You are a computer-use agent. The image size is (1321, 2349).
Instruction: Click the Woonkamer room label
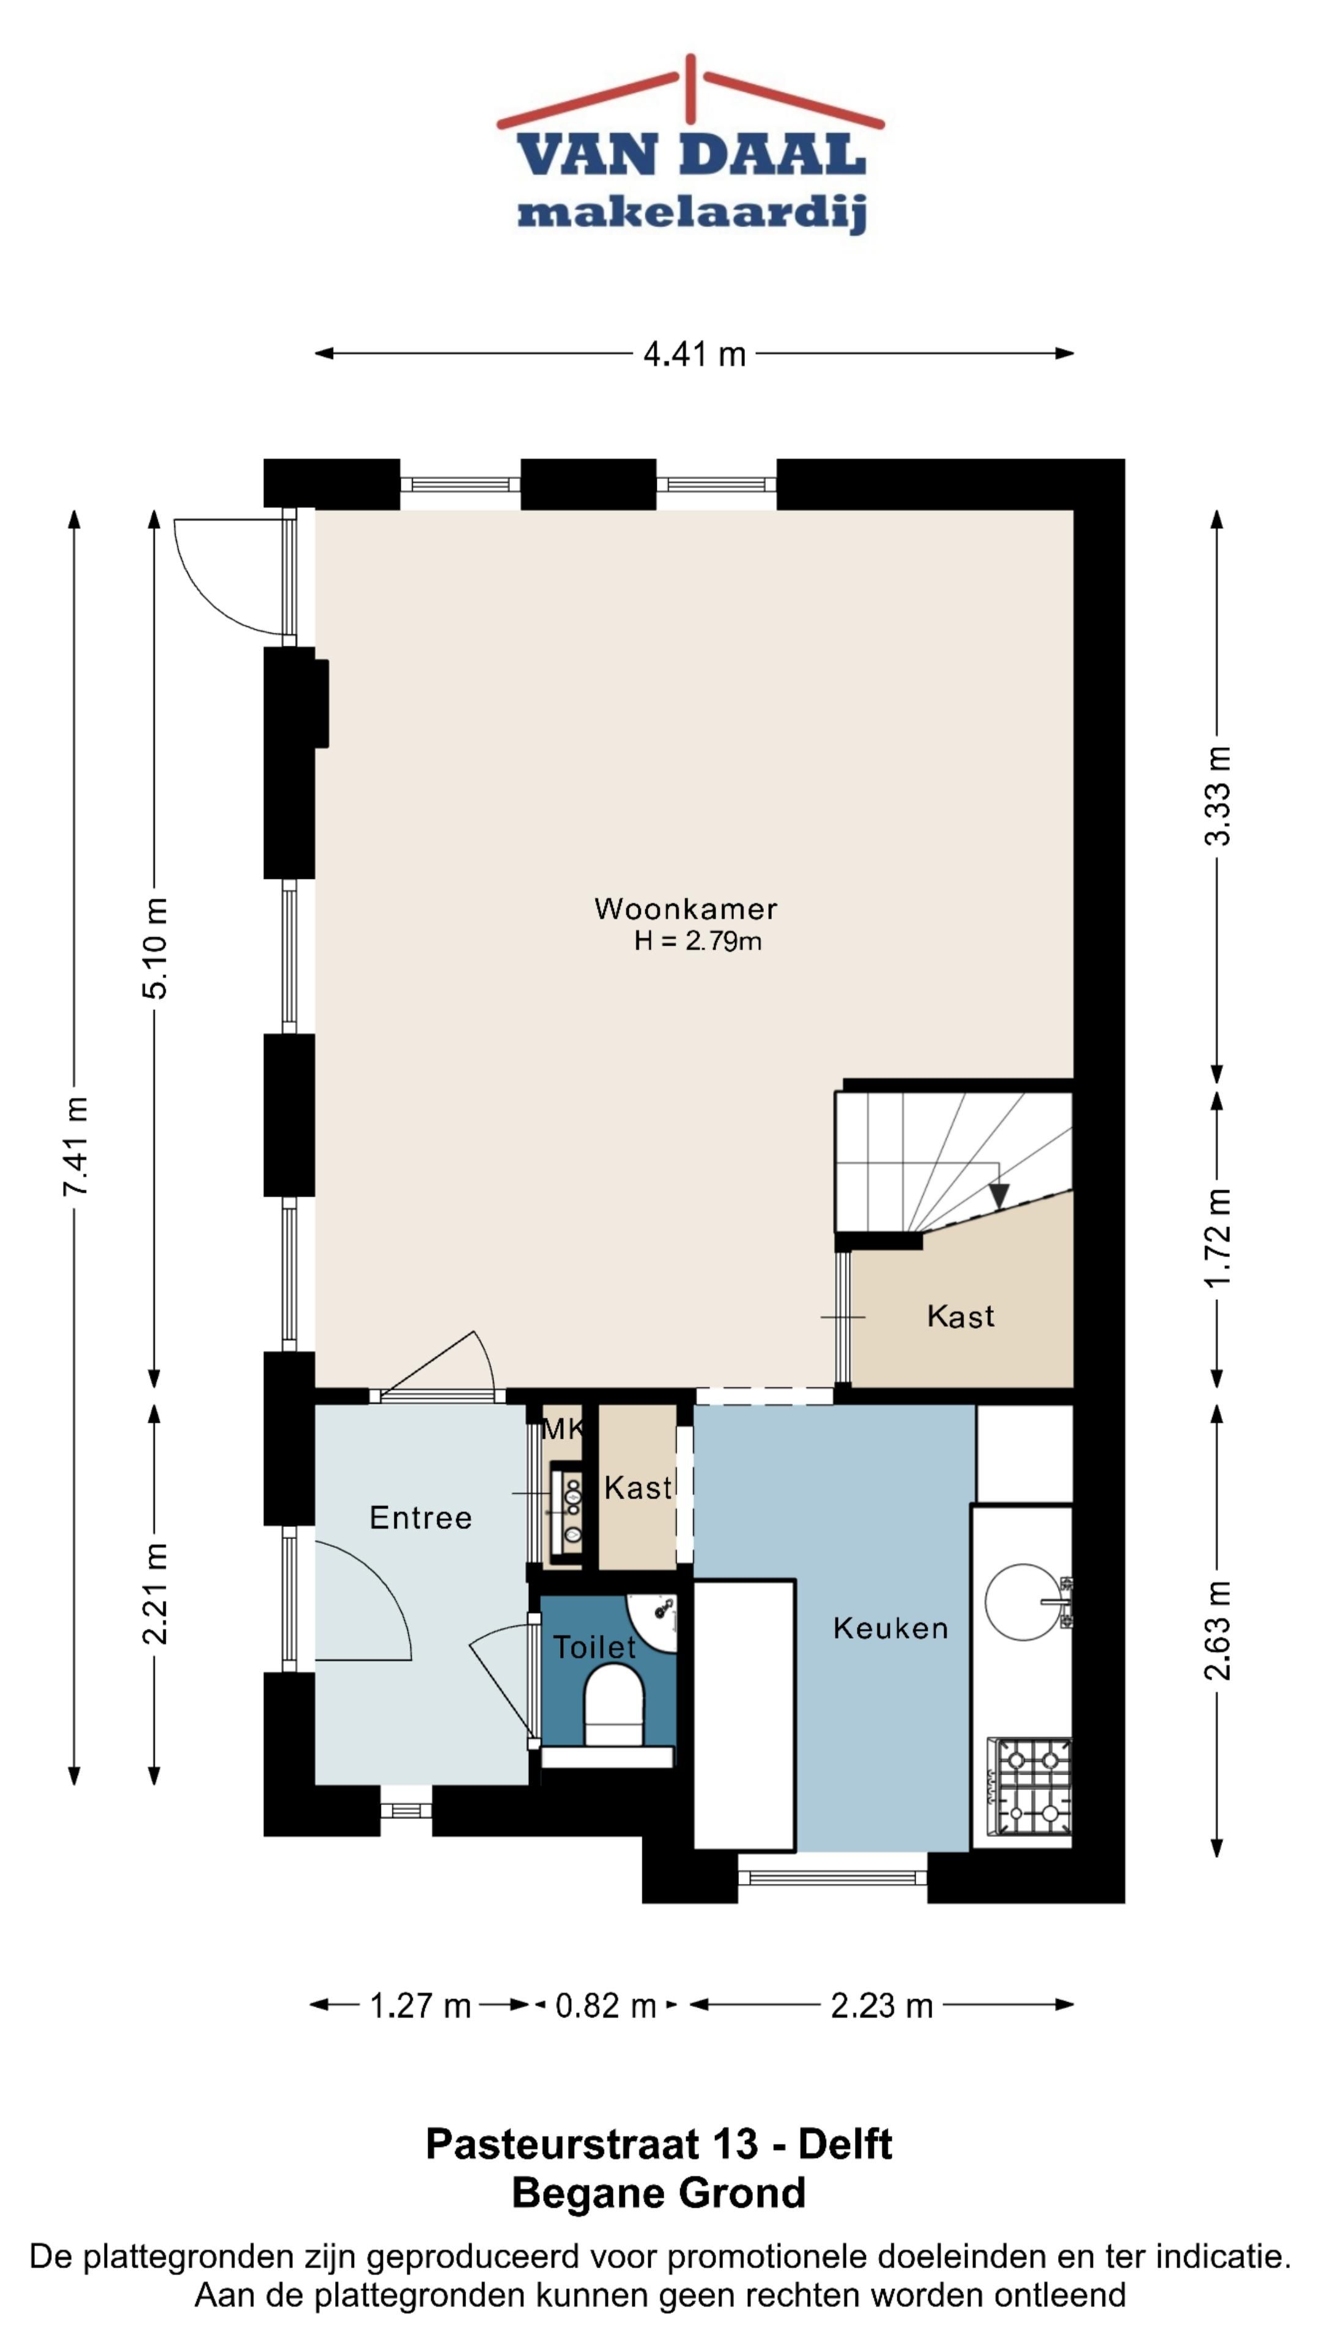[686, 908]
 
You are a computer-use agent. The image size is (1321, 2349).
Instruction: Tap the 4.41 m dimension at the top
[695, 354]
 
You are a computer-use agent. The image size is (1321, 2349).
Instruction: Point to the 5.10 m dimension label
[155, 948]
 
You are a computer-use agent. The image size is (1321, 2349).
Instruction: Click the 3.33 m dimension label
[1218, 796]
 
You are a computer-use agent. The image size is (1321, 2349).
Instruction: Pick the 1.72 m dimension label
[1218, 1238]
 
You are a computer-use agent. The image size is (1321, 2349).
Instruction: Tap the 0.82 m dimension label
[606, 2006]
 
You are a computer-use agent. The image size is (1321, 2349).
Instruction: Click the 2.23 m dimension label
[881, 2006]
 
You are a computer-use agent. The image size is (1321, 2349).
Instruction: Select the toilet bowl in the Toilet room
[613, 1705]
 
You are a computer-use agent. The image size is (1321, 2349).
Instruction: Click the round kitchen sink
[1025, 1602]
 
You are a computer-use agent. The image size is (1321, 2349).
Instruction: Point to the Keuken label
[890, 1628]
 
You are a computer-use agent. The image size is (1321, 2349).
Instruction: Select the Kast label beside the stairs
[960, 1317]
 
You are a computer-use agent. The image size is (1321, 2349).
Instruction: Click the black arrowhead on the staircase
[999, 1195]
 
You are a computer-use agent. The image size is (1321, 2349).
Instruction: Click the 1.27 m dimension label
[420, 2006]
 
